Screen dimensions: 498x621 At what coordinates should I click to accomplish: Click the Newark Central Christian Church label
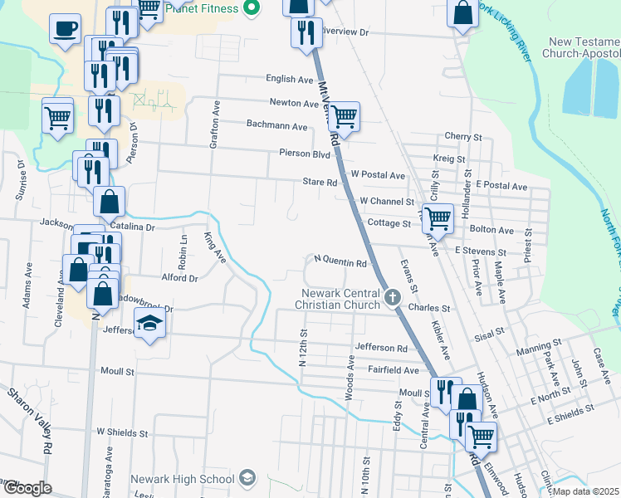click(x=340, y=300)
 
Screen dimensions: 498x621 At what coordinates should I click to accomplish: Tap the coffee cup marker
click(x=64, y=30)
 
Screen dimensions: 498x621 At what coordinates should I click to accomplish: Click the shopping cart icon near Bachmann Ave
click(x=344, y=116)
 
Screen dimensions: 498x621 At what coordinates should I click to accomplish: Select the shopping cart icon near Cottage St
click(x=438, y=220)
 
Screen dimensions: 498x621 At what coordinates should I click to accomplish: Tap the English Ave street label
click(x=290, y=79)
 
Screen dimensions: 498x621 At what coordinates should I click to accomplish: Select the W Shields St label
click(x=122, y=432)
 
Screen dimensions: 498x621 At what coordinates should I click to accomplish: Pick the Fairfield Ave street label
click(x=394, y=369)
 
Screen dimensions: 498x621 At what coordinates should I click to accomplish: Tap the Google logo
click(x=27, y=488)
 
